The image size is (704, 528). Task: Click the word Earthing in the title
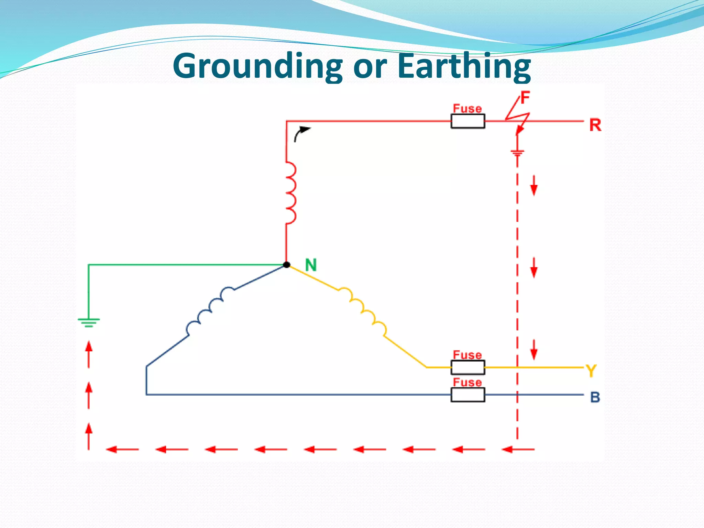point(464,66)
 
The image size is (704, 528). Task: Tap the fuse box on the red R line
point(468,121)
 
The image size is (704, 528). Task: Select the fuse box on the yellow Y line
point(468,367)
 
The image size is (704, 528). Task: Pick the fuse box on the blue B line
point(468,395)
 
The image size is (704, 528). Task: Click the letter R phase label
point(595,125)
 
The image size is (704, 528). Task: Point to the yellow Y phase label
point(591,371)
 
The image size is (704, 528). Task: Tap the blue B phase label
point(595,397)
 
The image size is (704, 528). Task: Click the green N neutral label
point(311,265)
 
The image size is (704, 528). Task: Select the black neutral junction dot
point(286,265)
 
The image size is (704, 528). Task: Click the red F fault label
point(525,98)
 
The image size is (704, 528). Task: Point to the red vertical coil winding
point(290,193)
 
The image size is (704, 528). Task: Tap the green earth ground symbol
point(89,322)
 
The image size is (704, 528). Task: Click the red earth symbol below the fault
point(517,152)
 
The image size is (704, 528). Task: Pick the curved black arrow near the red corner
point(301,133)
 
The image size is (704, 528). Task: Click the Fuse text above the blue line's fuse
point(467,382)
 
